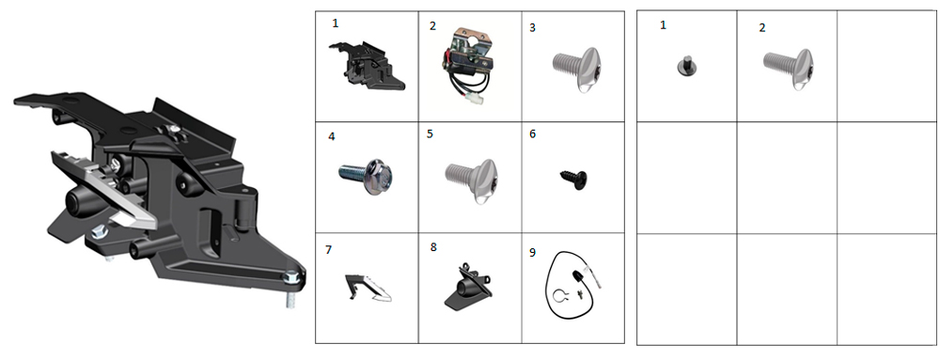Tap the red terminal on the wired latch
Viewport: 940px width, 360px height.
[446, 59]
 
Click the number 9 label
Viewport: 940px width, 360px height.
[532, 252]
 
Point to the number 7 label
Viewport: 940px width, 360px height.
[328, 250]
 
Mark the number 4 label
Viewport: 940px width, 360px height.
[332, 136]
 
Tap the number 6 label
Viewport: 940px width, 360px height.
[532, 134]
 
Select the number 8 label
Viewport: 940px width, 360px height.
[433, 247]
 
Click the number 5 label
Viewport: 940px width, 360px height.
[430, 134]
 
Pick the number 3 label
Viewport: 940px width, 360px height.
[533, 28]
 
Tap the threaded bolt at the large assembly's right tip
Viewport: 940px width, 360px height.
[291, 288]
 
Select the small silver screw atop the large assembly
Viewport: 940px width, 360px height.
[174, 128]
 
